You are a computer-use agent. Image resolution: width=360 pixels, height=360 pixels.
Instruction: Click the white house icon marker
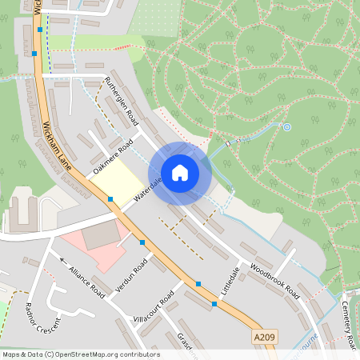[x=180, y=172]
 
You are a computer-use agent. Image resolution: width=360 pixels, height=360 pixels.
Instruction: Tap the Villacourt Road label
[x=155, y=307]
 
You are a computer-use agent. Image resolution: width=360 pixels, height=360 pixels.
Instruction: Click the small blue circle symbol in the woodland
[x=287, y=126]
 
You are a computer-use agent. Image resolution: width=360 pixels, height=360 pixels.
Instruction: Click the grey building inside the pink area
[x=100, y=235]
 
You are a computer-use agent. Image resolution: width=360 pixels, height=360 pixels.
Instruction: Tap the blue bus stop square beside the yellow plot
[x=110, y=198]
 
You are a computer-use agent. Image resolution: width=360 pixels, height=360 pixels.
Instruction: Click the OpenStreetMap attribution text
[x=81, y=354]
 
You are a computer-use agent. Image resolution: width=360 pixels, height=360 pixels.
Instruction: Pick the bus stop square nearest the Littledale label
[x=214, y=304]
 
